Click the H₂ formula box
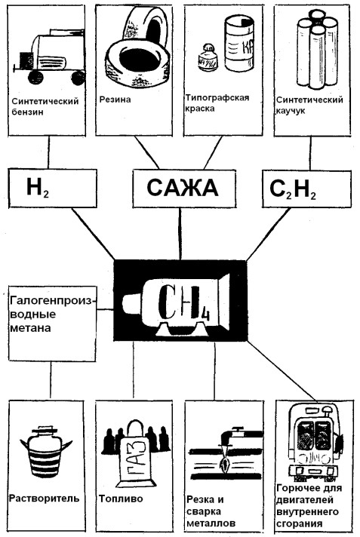click(x=53, y=188)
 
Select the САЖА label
click(x=183, y=188)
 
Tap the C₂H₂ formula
click(x=293, y=189)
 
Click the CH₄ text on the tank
click(x=183, y=302)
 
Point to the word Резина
click(x=115, y=100)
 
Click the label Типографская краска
click(x=217, y=103)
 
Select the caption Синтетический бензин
click(x=45, y=106)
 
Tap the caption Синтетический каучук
click(x=309, y=105)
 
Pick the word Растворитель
click(x=44, y=498)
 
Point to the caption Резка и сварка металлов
click(x=211, y=511)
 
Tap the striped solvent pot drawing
click(x=46, y=452)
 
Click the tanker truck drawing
click(x=50, y=57)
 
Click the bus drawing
click(x=315, y=443)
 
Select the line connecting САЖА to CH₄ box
click(x=180, y=234)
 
